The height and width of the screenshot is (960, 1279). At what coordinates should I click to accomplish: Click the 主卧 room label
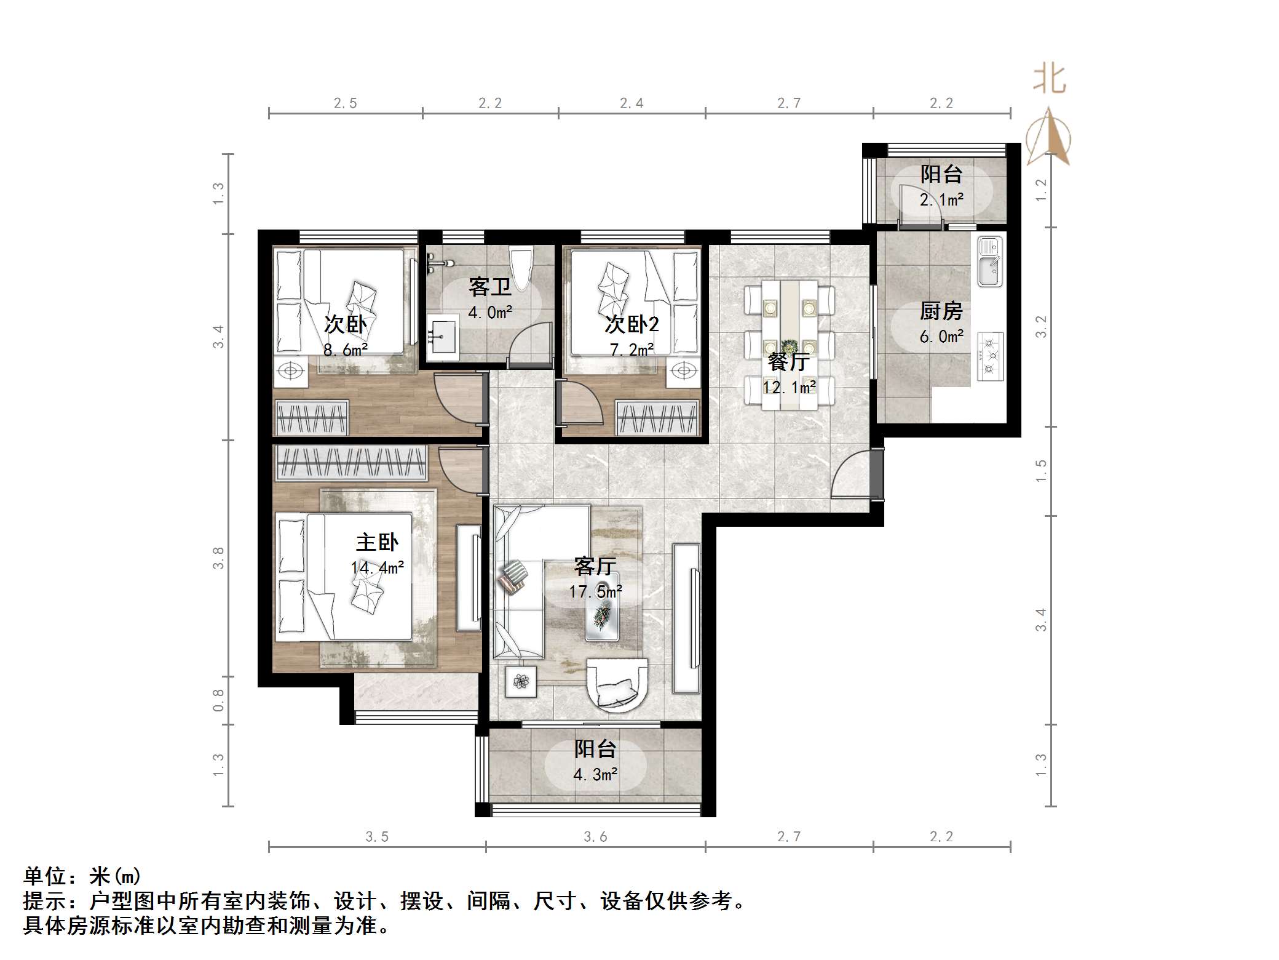coord(377,543)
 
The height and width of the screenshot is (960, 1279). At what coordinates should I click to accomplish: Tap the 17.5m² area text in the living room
coord(595,592)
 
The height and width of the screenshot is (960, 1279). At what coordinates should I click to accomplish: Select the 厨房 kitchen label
coord(940,311)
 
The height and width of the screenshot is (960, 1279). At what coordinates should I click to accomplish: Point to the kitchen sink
coord(990,263)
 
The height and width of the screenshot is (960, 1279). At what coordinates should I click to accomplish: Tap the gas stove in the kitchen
coord(990,356)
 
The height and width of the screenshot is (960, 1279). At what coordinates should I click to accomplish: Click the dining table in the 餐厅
coord(790,345)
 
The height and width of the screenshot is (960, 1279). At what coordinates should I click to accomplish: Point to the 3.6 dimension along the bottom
coord(595,836)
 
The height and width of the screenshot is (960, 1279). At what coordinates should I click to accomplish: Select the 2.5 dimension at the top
coord(345,103)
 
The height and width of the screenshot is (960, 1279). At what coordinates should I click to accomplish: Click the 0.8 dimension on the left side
coord(219,700)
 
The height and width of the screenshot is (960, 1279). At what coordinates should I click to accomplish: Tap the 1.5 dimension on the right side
coord(1040,471)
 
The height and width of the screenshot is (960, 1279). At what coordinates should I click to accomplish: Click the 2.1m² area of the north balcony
coord(941,200)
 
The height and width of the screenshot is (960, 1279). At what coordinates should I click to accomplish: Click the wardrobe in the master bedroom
coord(350,463)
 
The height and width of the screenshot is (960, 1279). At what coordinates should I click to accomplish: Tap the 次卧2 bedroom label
coord(632,324)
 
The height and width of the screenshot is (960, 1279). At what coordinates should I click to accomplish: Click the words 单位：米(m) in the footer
coord(82,876)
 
